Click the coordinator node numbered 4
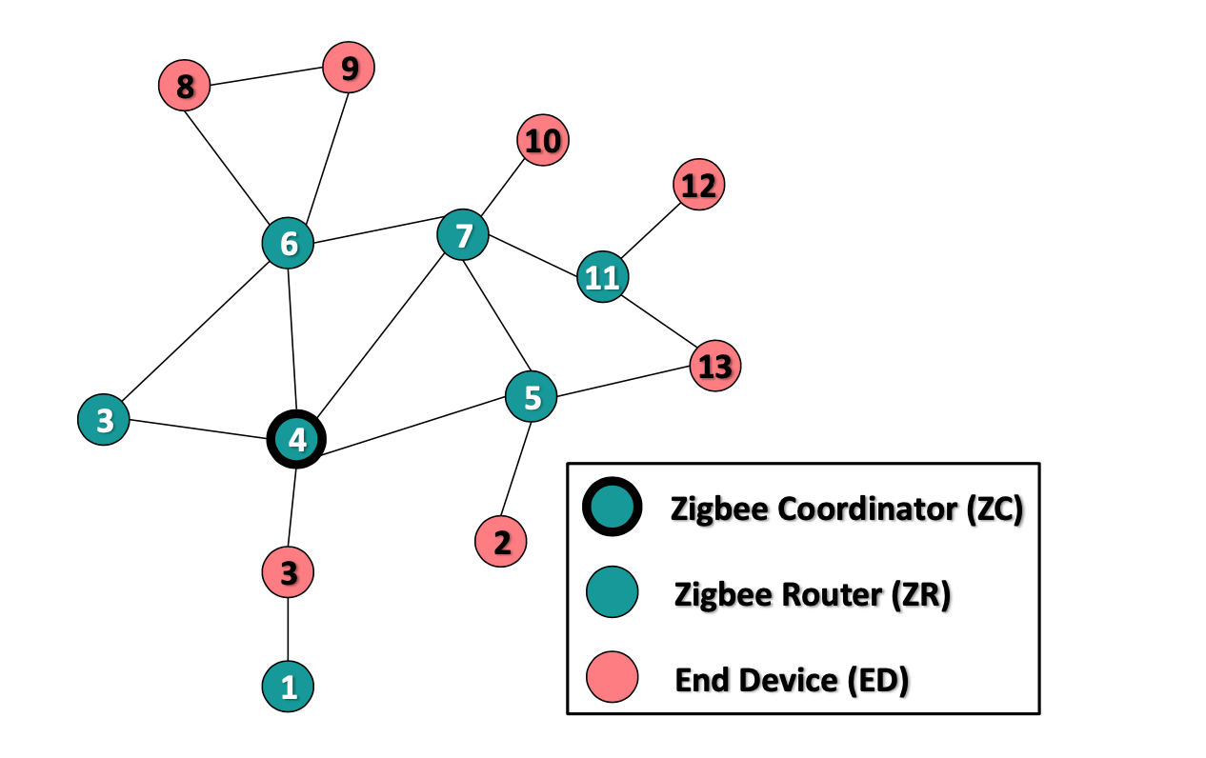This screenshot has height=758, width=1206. point(297,440)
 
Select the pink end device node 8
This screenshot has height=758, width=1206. point(184,86)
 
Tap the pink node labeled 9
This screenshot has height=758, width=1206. point(349,68)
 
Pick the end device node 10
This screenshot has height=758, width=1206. point(543,141)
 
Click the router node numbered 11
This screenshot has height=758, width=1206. point(602,277)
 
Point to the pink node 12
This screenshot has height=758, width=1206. point(699,184)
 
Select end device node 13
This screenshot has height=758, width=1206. point(714,366)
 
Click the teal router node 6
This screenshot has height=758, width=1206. point(289,244)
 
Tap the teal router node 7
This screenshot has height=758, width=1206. point(463,234)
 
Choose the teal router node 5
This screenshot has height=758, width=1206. point(532,397)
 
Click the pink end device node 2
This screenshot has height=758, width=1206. point(501,542)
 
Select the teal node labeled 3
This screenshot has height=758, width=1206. point(104,419)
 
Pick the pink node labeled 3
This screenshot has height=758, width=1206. point(288,572)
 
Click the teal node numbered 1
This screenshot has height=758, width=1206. point(288,687)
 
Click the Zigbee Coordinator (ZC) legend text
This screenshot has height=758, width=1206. point(847,509)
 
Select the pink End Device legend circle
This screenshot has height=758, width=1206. point(611,678)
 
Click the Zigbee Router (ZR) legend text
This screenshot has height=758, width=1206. point(813,595)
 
